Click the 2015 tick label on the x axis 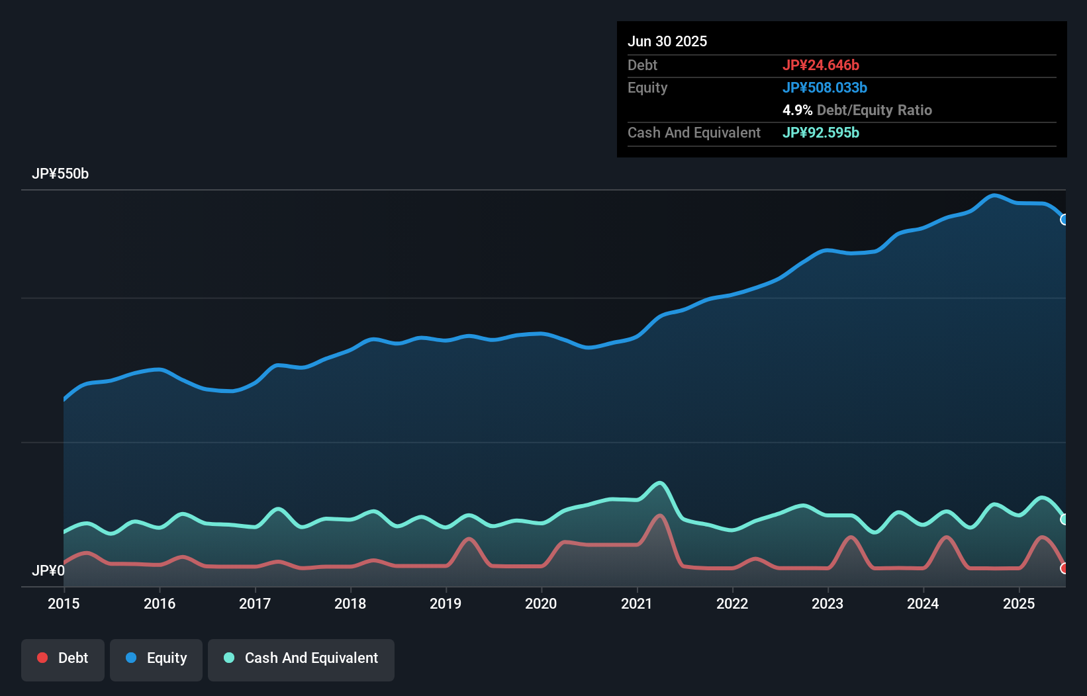pyautogui.click(x=64, y=603)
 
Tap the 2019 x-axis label pyautogui.click(x=446, y=603)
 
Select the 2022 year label pyautogui.click(x=732, y=603)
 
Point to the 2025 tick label pyautogui.click(x=1019, y=603)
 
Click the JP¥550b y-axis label pyautogui.click(x=60, y=174)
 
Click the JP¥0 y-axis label pyautogui.click(x=48, y=570)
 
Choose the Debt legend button pyautogui.click(x=63, y=658)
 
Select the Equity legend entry pyautogui.click(x=156, y=658)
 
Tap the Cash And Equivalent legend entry pyautogui.click(x=301, y=658)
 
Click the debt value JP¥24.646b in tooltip pyautogui.click(x=821, y=65)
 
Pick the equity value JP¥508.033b pyautogui.click(x=825, y=87)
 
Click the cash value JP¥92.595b pyautogui.click(x=821, y=132)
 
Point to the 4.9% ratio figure pyautogui.click(x=797, y=110)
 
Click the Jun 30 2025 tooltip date pyautogui.click(x=667, y=41)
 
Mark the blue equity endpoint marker pyautogui.click(x=1064, y=220)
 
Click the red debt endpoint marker pyautogui.click(x=1064, y=568)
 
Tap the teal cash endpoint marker pyautogui.click(x=1064, y=519)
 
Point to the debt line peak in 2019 pyautogui.click(x=469, y=539)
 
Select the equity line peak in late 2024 pyautogui.click(x=993, y=195)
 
